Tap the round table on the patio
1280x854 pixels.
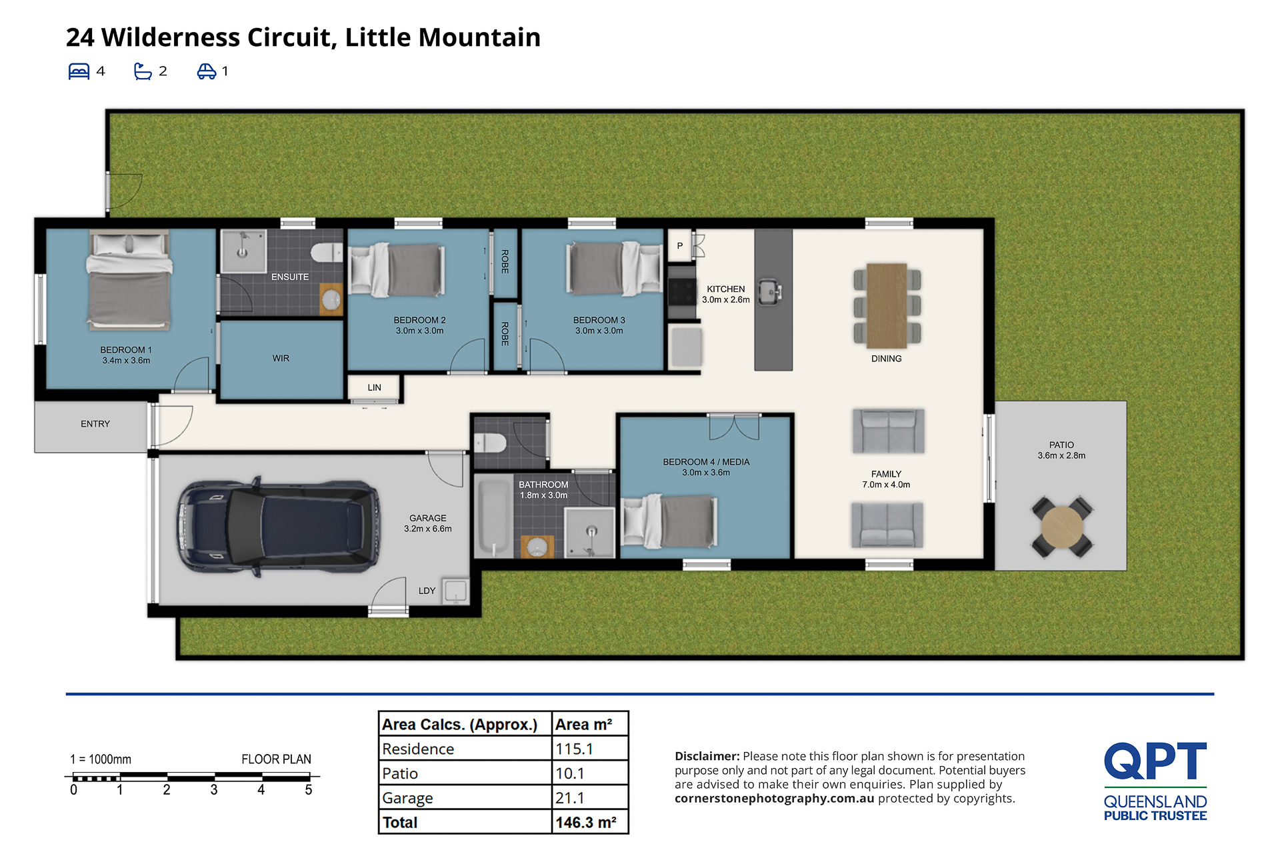1061,527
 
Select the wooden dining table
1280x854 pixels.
887,306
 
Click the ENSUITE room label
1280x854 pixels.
290,277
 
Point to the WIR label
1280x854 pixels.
281,359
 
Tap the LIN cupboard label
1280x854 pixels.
375,387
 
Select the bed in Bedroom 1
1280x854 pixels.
129,280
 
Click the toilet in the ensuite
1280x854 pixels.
327,253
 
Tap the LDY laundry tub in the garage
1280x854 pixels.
455,591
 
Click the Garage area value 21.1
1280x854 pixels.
570,798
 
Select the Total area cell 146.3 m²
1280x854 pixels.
586,823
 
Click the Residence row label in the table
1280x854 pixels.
418,749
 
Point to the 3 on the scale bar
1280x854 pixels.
214,790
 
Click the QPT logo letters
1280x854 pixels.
1155,761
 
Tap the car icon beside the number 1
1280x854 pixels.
207,71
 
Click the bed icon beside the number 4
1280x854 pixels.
79,71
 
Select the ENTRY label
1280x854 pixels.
95,424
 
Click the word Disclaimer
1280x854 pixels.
707,756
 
